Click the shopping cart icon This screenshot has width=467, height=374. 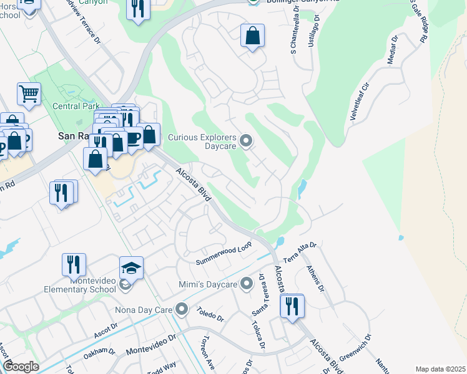point(29,94)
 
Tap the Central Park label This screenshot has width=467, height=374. point(76,106)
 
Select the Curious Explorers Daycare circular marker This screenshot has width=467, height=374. point(246,141)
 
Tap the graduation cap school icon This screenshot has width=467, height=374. point(132,267)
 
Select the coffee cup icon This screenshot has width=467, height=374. point(134,138)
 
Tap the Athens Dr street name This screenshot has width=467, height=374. point(314,279)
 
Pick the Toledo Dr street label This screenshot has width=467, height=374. point(210,314)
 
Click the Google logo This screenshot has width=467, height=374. point(21,367)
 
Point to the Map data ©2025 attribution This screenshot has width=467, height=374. point(440,369)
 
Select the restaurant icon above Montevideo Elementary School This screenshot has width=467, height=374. point(74,264)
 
